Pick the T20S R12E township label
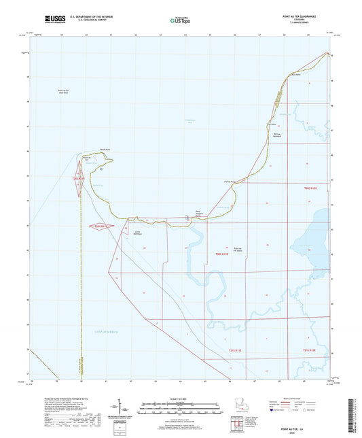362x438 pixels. pyautogui.click(x=311, y=187)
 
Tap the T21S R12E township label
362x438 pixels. pyautogui.click(x=310, y=350)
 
